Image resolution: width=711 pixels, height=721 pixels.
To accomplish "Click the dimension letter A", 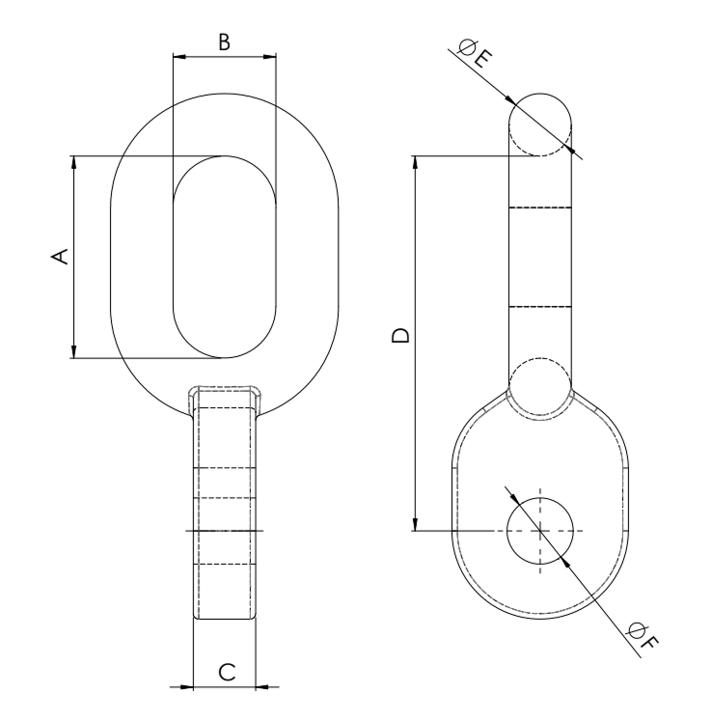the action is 59,257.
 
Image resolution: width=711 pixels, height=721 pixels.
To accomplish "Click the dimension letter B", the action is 224,42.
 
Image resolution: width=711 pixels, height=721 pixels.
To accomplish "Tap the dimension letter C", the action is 227,673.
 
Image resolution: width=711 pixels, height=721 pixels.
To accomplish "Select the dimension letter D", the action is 400,336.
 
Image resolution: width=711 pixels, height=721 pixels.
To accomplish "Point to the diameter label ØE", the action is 476,54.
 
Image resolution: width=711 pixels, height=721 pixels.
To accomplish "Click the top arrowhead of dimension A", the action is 73,162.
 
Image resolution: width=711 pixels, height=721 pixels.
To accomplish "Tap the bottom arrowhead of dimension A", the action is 73,351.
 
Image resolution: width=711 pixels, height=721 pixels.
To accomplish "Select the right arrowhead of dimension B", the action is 270,57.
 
